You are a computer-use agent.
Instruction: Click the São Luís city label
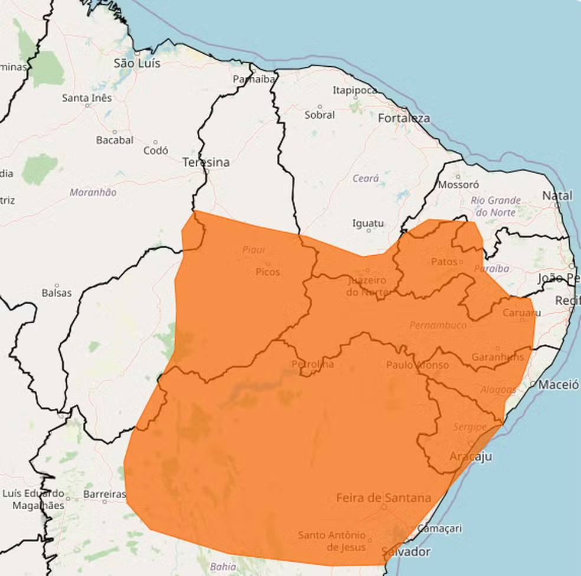pos(137,63)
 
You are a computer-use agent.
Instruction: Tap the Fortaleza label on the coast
pos(404,118)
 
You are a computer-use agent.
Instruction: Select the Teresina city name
pos(206,162)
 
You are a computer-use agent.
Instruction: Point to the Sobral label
pos(319,115)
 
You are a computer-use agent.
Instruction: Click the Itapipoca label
pos(355,90)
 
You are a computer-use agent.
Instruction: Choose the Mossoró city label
pos(458,184)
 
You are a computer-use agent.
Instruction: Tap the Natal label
pos(557,196)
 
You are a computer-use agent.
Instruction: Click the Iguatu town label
pos(368,223)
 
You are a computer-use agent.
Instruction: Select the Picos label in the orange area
pos(267,272)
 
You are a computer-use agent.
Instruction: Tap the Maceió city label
pos(558,385)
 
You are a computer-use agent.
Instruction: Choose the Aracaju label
pos(471,457)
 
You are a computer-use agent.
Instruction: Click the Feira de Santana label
pos(384,498)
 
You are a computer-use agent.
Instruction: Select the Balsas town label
pos(57,293)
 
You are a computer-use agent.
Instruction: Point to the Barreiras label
pos(105,494)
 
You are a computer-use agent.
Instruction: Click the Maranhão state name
pos(93,193)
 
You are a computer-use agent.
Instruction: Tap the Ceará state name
pos(365,178)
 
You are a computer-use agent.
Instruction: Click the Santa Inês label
pos(86,97)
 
